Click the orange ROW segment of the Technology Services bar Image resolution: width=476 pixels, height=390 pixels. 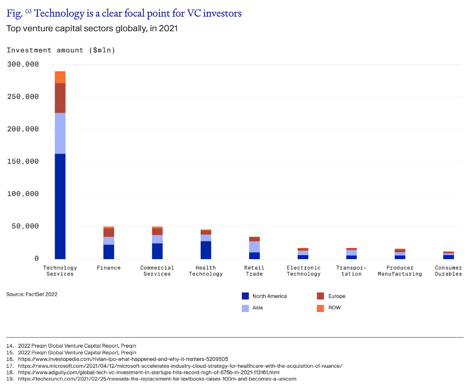tap(60, 77)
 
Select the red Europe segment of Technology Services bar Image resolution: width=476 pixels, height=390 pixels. tap(60, 98)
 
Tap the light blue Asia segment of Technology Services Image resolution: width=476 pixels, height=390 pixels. tap(60, 133)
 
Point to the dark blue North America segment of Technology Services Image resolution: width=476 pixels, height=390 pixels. tap(60, 206)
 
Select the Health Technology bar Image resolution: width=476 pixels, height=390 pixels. tap(206, 245)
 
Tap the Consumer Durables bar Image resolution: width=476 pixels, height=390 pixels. tap(449, 255)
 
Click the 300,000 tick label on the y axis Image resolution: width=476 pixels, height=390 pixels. tap(23, 64)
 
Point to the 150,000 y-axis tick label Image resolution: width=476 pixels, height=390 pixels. tap(23, 162)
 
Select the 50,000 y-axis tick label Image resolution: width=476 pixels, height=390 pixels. tap(25, 226)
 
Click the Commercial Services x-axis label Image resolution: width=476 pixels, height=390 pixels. tap(157, 271)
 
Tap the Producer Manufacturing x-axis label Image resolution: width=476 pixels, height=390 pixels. tap(400, 271)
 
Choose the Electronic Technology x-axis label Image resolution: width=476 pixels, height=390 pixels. tap(304, 271)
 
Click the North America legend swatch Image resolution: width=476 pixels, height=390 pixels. tap(245, 296)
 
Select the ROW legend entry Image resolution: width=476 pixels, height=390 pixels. tap(328, 308)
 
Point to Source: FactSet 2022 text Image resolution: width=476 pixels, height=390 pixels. tap(32, 294)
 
